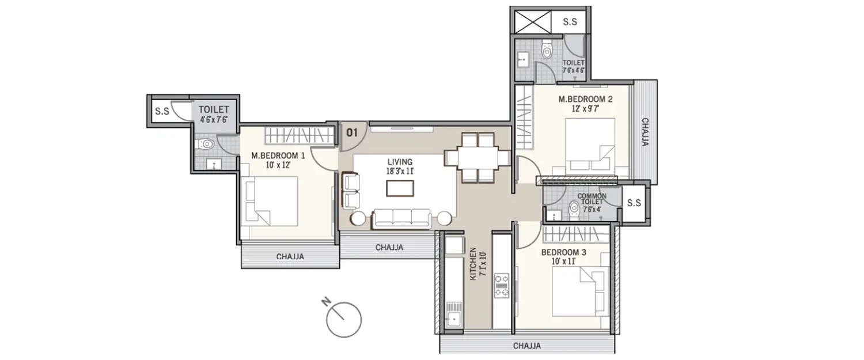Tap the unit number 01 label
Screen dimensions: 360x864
[352, 132]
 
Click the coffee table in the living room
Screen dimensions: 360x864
[400, 189]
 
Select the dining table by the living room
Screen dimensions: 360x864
[477, 157]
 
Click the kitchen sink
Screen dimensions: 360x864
[454, 318]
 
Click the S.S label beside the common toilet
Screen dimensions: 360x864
[634, 203]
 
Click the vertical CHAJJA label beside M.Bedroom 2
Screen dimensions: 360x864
[646, 132]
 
